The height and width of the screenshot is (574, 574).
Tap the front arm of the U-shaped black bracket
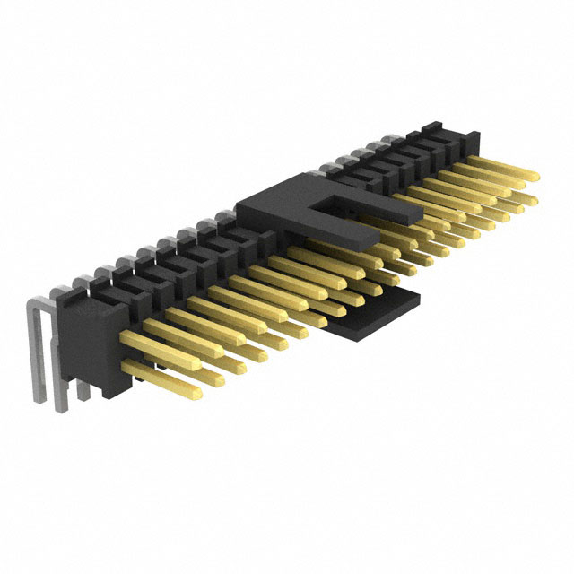pos(341,235)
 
